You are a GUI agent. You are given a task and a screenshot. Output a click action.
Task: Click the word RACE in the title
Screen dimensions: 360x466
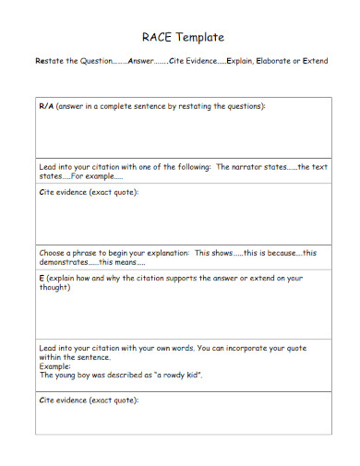(156, 38)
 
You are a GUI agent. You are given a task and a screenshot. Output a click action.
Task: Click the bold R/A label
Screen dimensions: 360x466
(46, 107)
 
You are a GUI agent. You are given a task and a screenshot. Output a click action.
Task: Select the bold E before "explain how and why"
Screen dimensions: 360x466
(42, 277)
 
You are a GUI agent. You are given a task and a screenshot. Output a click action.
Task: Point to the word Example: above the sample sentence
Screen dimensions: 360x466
(55, 366)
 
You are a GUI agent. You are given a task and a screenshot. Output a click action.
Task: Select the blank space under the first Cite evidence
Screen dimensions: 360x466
(183, 221)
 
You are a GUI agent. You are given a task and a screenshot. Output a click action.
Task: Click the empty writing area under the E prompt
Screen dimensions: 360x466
(183, 314)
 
